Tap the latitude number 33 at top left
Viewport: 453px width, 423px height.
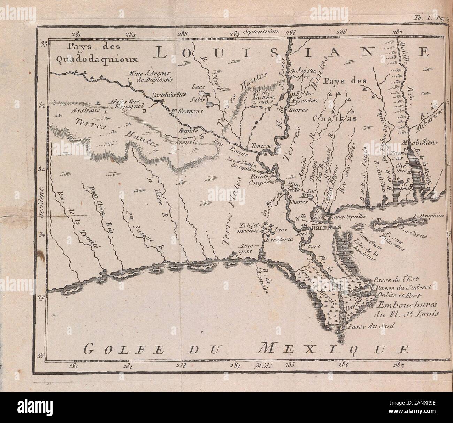(44, 44)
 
